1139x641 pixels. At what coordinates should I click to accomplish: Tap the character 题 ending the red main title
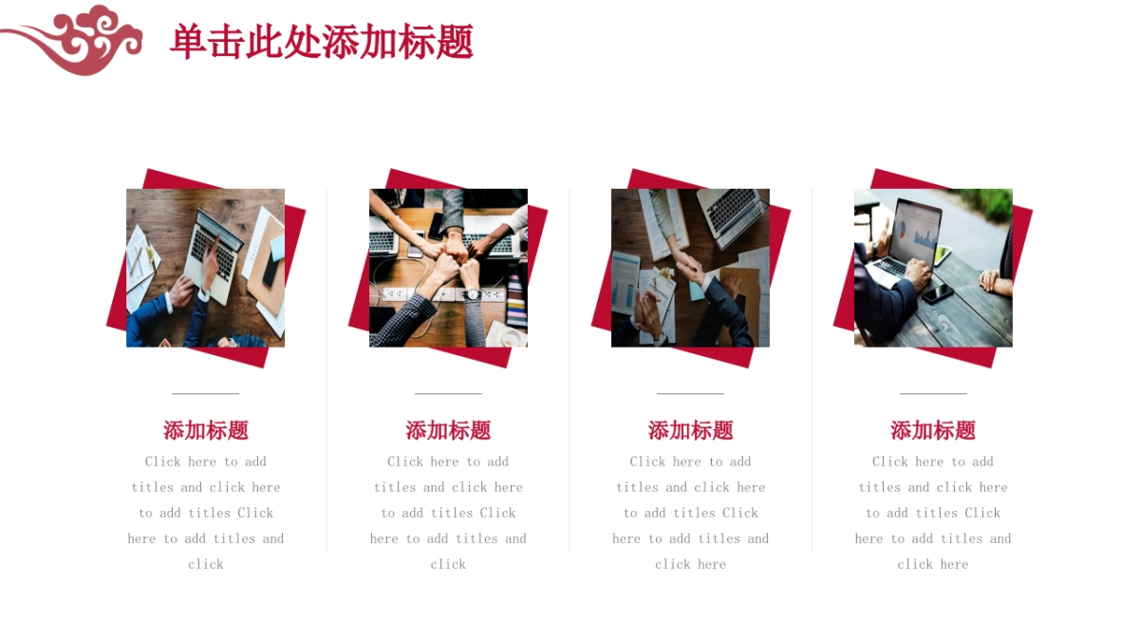point(455,43)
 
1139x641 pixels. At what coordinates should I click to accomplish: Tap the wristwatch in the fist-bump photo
point(472,293)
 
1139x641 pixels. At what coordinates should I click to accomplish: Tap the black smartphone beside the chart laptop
point(937,293)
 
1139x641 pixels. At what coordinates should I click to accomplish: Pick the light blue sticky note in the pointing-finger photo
point(276,248)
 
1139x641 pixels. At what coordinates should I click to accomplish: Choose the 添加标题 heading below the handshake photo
point(690,430)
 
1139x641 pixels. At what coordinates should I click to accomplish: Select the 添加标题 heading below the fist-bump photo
point(448,430)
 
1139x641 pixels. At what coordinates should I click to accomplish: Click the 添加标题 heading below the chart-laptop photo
point(933,430)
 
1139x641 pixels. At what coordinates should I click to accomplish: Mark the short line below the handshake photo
point(690,393)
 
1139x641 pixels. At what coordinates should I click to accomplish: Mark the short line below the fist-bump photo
point(448,393)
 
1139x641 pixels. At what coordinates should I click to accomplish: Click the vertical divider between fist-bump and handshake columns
point(569,370)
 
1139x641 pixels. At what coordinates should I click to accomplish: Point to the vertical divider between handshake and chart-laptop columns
point(812,370)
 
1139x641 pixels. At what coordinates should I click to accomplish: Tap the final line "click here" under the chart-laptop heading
point(933,564)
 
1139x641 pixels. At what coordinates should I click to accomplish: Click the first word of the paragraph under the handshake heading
point(647,462)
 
